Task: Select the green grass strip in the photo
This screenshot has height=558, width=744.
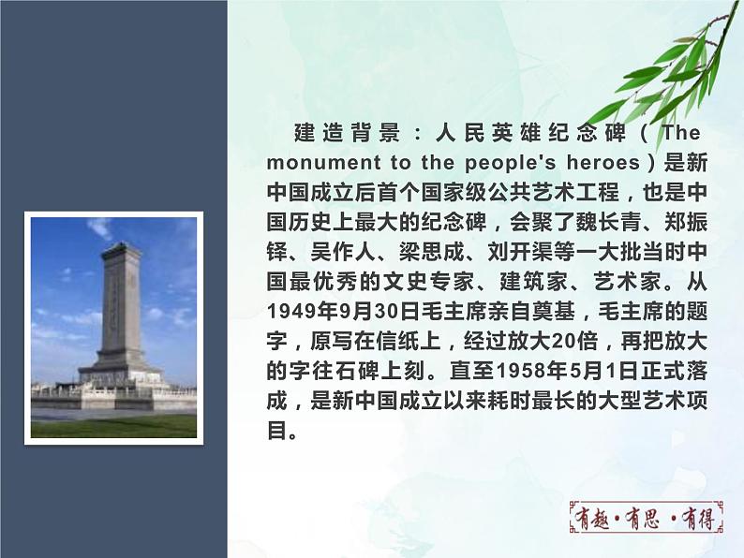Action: point(112,426)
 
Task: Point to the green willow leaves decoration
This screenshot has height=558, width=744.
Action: point(671,70)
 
